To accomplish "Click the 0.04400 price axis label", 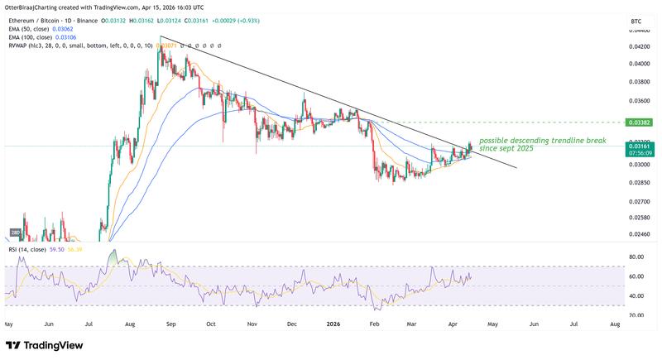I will pos(639,30).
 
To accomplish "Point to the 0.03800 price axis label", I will pos(639,82).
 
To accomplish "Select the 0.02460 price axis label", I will pos(639,234).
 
